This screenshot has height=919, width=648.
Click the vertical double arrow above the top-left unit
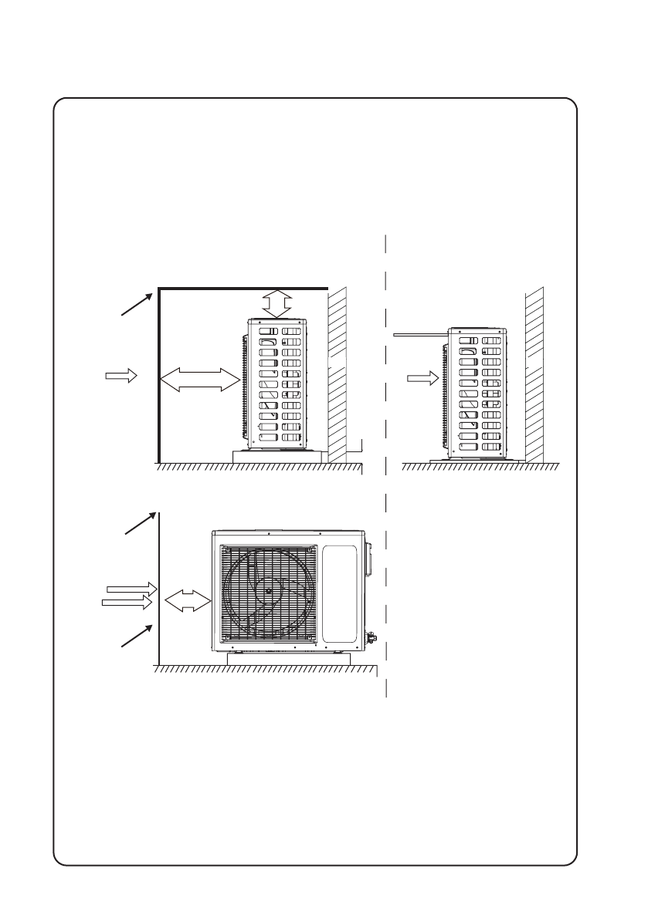275,303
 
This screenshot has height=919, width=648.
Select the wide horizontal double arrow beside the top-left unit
199,380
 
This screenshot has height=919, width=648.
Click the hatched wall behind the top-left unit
338,370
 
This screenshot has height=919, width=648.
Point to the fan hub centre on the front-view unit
269,591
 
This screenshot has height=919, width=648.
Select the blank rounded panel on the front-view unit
339,594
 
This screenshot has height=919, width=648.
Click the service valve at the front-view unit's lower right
370,637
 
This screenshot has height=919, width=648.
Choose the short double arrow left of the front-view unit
188,600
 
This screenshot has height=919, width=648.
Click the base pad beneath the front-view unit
289,659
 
